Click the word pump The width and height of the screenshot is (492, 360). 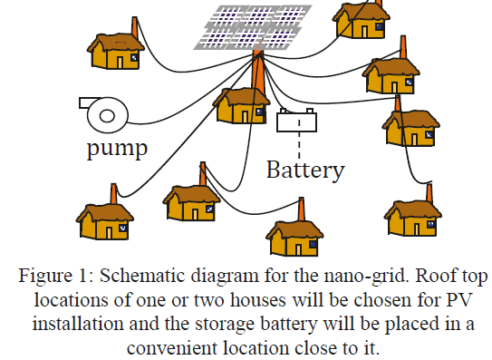point(118,149)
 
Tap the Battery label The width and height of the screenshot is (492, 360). point(305,170)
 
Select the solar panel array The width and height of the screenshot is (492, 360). point(253,27)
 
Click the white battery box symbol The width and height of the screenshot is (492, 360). point(296,121)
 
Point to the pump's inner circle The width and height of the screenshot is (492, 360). point(107,116)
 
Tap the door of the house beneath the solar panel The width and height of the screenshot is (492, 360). point(245,116)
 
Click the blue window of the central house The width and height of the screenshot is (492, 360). point(259,112)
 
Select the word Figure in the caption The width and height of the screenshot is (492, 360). point(45,277)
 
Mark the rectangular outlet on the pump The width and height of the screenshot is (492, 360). point(90,103)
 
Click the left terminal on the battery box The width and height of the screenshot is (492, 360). point(283,111)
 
